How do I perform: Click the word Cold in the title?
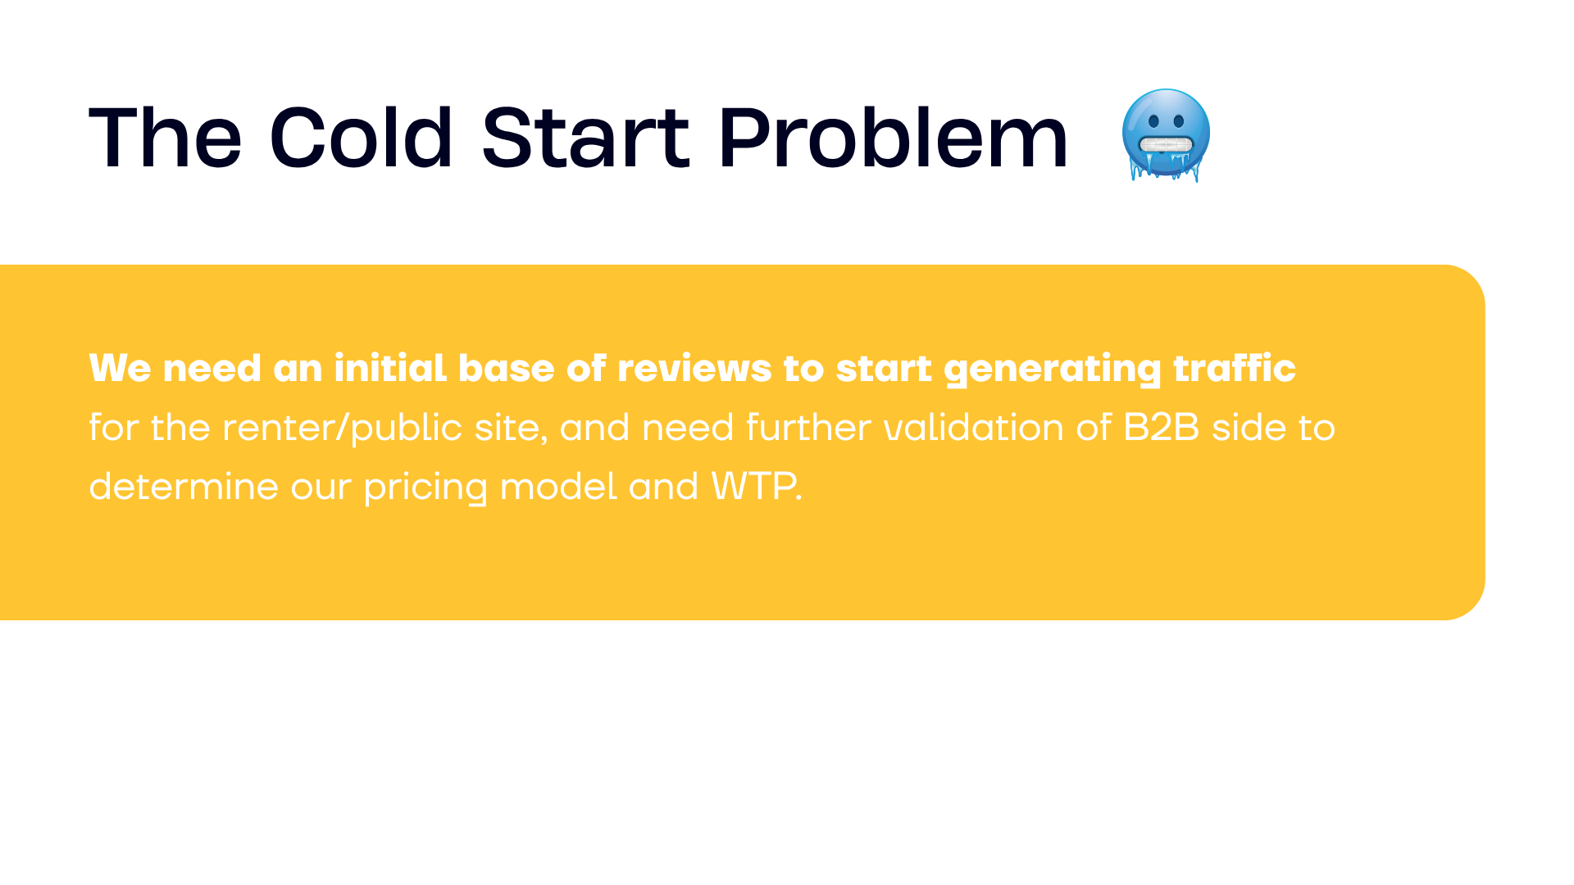tap(361, 138)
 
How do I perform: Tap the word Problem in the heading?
tap(893, 138)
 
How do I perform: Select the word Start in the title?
tap(585, 138)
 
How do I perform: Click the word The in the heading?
tap(165, 138)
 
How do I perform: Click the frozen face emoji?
tap(1166, 135)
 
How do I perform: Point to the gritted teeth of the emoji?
tap(1165, 146)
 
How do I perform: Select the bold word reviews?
tap(694, 369)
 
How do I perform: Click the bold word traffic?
tap(1235, 368)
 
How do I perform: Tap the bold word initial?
tap(390, 368)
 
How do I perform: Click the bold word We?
tap(121, 368)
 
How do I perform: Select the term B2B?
tap(1162, 427)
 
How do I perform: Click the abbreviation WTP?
tap(753, 486)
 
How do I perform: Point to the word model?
tap(557, 486)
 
